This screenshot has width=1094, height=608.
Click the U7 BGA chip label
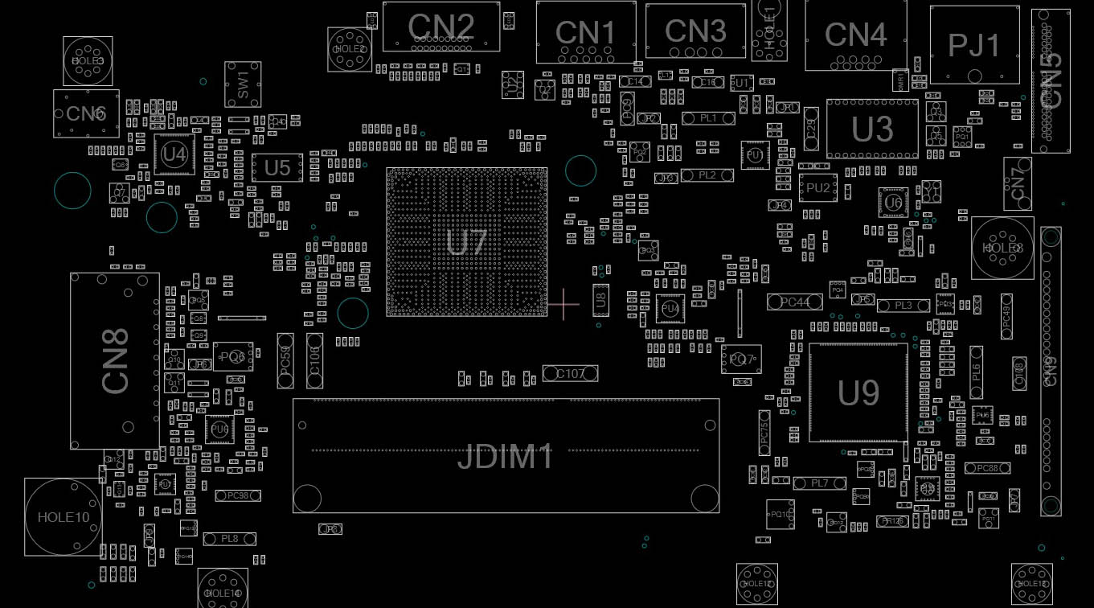466,242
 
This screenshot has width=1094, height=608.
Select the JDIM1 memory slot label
506,457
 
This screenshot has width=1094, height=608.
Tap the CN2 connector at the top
440,27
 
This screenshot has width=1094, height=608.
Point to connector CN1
585,33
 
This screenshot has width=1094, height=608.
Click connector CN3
695,31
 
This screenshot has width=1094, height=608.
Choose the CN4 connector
855,35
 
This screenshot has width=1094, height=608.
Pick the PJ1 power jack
974,45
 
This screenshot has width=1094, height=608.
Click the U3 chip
872,129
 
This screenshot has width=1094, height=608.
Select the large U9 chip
858,393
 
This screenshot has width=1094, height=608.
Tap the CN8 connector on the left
115,360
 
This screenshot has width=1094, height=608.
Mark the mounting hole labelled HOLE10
64,517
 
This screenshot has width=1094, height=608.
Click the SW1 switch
243,84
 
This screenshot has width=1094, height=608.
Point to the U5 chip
277,167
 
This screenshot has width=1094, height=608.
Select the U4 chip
174,154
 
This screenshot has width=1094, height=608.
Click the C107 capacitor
570,373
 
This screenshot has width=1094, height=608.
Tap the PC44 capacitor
794,302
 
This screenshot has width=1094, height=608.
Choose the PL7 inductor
819,483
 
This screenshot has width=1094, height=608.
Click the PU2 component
817,188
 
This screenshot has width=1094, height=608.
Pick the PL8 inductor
229,539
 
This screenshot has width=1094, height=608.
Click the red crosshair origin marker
564,304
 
